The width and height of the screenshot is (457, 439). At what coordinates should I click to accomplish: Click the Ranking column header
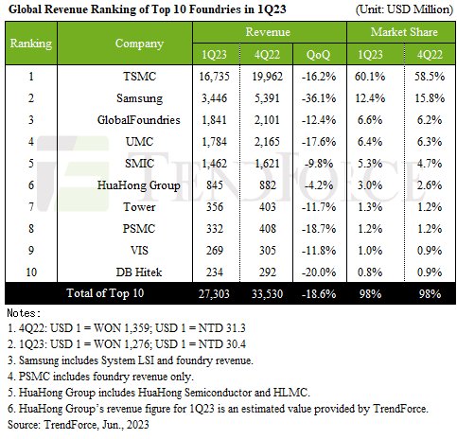pyautogui.click(x=29, y=44)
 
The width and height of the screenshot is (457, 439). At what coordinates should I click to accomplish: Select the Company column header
pyautogui.click(x=139, y=44)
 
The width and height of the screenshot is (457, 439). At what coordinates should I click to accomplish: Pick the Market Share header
pyautogui.click(x=398, y=32)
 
